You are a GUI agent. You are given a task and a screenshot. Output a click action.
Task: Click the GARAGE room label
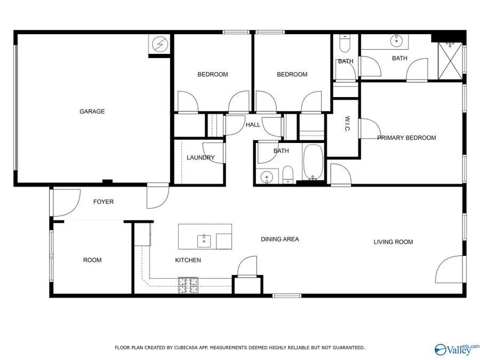click(x=92, y=111)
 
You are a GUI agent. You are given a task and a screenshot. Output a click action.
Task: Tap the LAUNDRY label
click(x=201, y=157)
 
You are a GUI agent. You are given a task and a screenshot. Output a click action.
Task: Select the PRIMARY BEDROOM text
click(x=406, y=138)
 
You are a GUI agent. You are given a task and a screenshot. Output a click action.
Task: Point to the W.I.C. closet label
click(x=347, y=125)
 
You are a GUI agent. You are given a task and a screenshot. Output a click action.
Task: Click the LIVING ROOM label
click(x=393, y=242)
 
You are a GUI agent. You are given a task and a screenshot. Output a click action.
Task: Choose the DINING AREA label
click(x=279, y=239)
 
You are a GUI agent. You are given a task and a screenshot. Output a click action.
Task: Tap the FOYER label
click(x=103, y=202)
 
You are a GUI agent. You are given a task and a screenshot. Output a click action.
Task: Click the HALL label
click(x=253, y=125)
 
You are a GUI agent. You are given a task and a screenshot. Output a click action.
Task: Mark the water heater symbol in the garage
click(x=158, y=45)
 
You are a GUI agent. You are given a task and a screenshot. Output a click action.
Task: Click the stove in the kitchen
click(x=188, y=285)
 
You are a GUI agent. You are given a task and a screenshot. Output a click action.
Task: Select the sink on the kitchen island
click(x=204, y=241)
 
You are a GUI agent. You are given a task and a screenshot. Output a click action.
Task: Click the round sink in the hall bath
click(x=266, y=176)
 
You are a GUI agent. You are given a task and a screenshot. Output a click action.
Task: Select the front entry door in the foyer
click(x=60, y=202)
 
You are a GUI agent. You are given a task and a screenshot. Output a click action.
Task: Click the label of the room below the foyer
click(x=92, y=260)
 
